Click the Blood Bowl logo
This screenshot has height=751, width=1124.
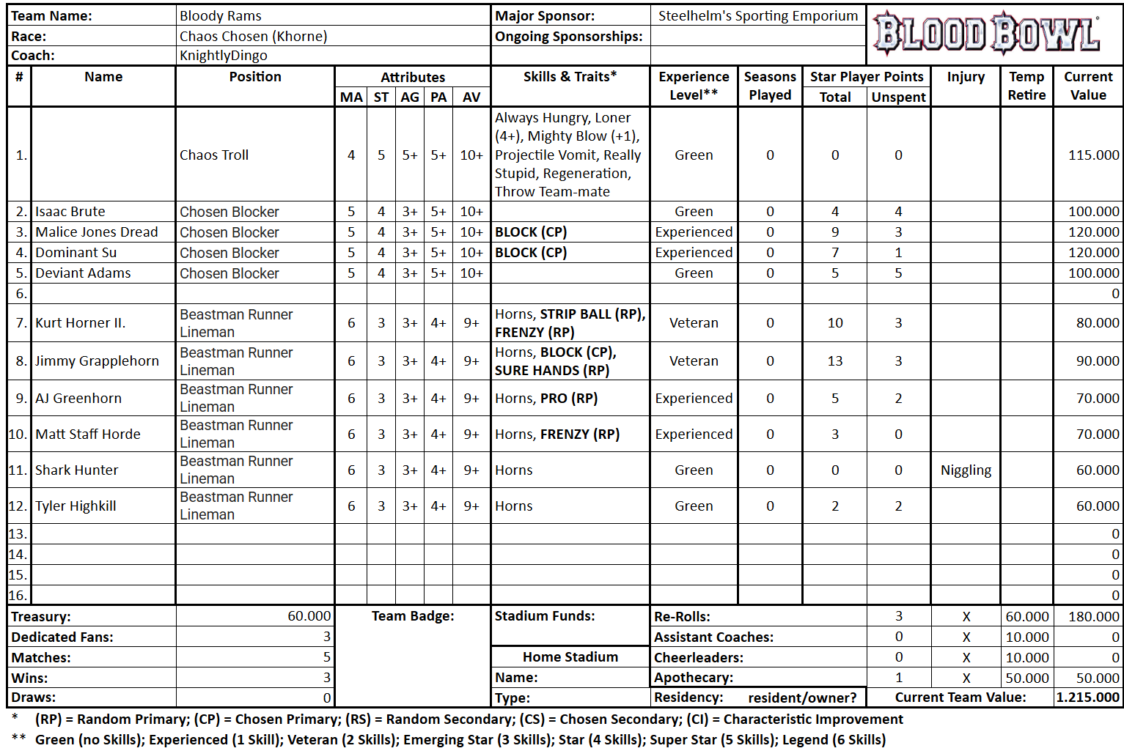pos(987,34)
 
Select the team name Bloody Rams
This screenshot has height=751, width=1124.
pos(220,15)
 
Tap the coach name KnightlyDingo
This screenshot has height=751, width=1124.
pos(223,56)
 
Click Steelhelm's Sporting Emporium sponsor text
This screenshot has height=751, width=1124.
pos(757,15)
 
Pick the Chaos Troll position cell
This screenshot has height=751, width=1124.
pos(214,155)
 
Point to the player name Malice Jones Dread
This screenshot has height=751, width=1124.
pos(97,232)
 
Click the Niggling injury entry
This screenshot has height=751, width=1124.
pos(966,470)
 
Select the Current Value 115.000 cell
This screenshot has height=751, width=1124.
pos(1093,155)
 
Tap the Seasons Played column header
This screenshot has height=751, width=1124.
pos(770,86)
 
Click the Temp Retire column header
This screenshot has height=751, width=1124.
pos(1026,86)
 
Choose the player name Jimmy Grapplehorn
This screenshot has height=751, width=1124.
pos(97,360)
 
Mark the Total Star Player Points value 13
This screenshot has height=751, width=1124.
pos(835,360)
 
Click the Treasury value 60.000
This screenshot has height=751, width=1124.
pos(309,616)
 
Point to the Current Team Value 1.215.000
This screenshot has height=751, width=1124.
pos(1088,698)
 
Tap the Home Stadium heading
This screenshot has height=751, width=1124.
pos(570,657)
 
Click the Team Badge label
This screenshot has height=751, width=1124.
pos(413,616)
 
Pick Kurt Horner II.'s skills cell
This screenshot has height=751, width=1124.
pos(570,323)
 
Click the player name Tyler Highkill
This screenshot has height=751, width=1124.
pos(76,506)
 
